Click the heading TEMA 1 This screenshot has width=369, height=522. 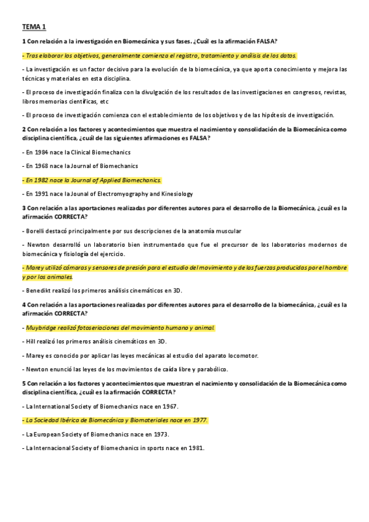click(33, 27)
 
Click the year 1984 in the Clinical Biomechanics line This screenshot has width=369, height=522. click(41, 152)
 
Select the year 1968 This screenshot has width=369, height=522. click(41, 166)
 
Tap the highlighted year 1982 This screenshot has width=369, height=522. click(42, 180)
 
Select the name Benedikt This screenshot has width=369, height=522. click(39, 291)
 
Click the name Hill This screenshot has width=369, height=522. click(30, 341)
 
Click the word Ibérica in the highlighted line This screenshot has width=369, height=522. click(70, 420)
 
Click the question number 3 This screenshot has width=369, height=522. click(23, 207)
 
